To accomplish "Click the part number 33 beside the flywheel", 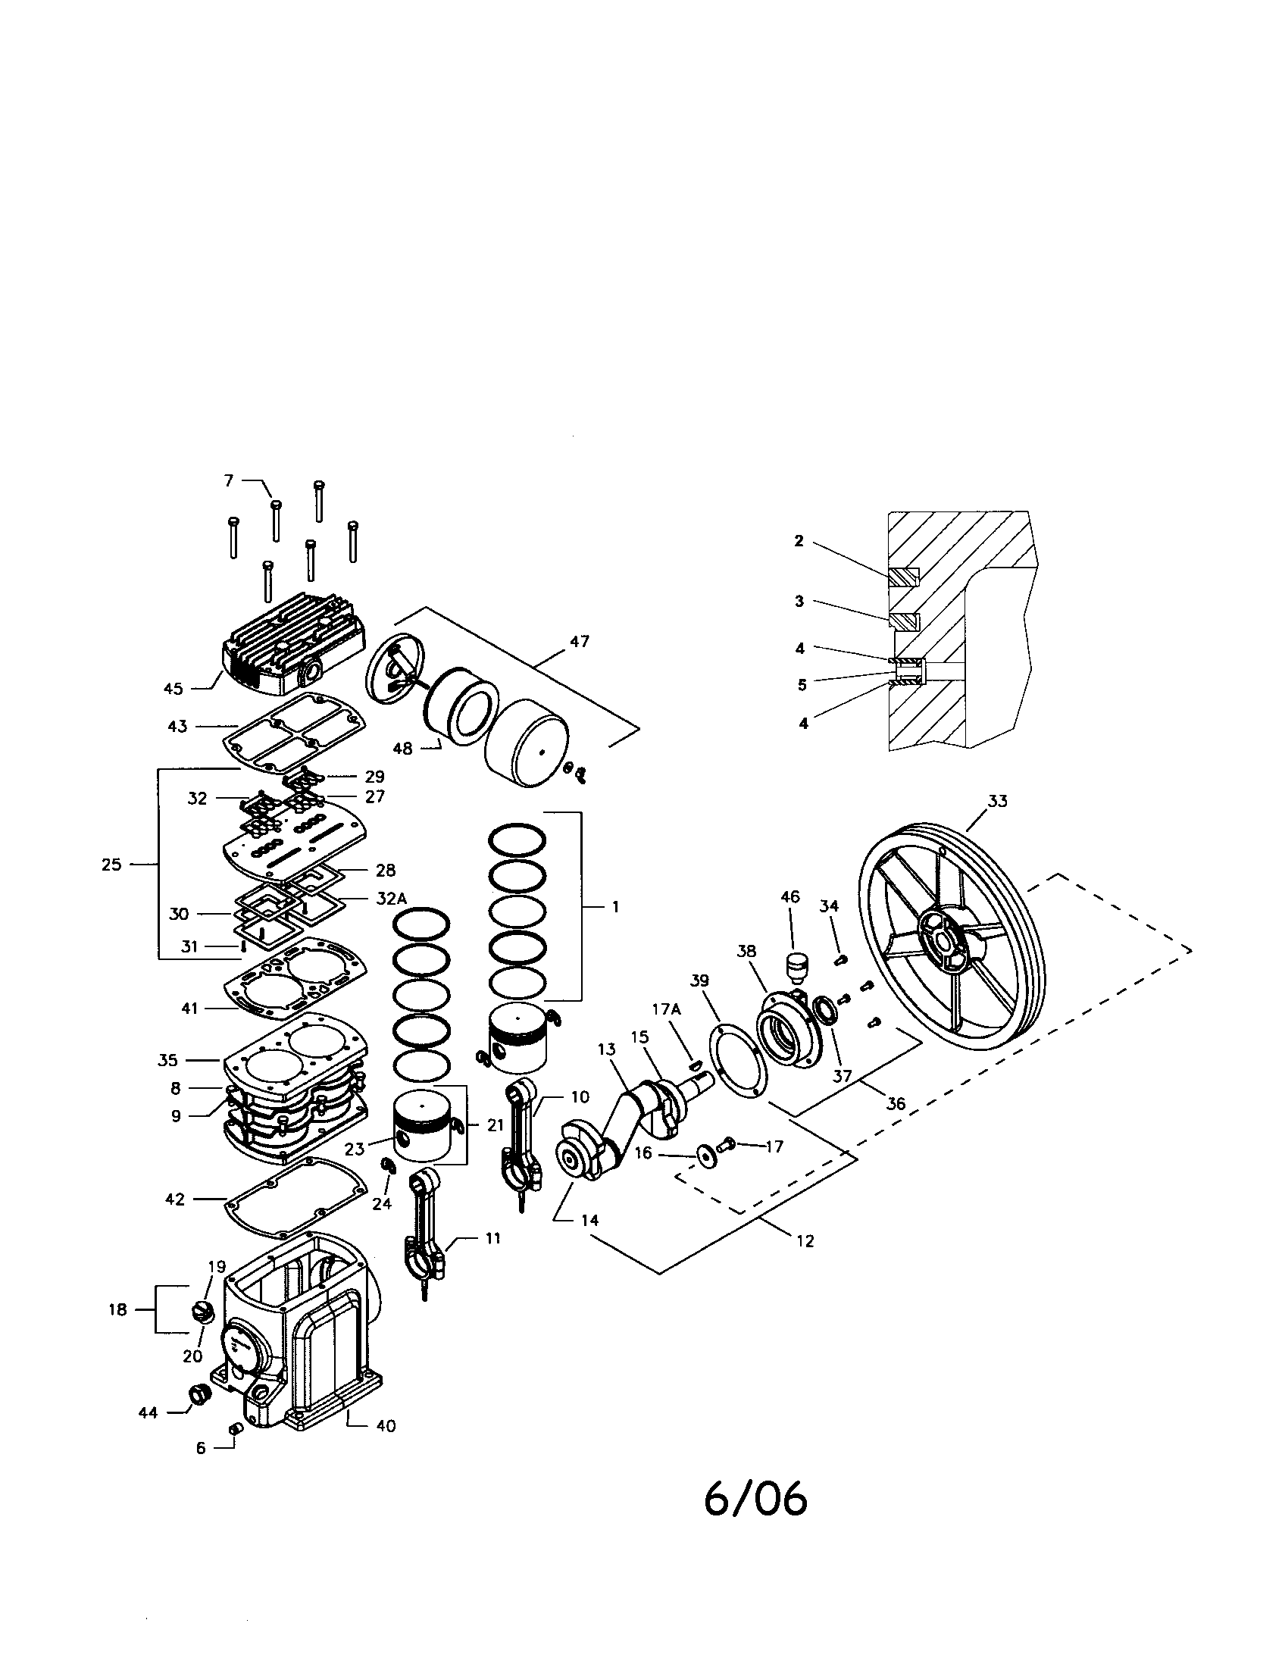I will tap(997, 801).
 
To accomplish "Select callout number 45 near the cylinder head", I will tap(174, 689).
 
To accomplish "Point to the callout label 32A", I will tap(392, 899).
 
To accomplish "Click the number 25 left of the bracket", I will tap(111, 865).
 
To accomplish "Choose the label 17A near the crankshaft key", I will tap(665, 1009).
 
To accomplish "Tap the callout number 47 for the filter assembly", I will tap(580, 642).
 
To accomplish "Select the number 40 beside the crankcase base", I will tap(386, 1426).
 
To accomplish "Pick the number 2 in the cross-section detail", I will tap(799, 541).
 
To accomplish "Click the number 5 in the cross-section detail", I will tap(802, 685).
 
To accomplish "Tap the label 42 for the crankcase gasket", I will tap(175, 1199).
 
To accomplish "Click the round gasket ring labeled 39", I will tap(736, 1062).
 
